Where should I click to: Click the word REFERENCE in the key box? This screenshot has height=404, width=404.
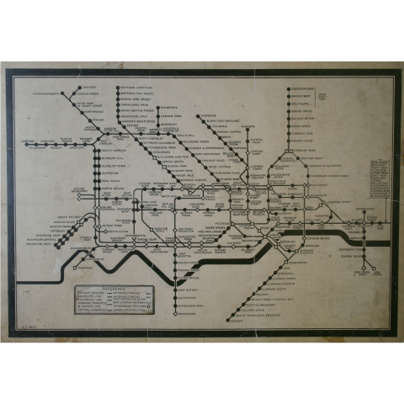point(113,287)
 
